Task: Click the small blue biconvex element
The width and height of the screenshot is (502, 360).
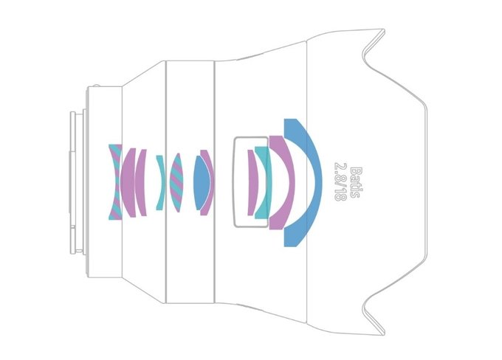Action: click(x=201, y=182)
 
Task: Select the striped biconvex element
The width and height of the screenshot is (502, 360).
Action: click(x=176, y=182)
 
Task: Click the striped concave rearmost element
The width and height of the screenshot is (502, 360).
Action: click(x=114, y=182)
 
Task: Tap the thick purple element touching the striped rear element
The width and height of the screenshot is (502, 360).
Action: click(x=128, y=182)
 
